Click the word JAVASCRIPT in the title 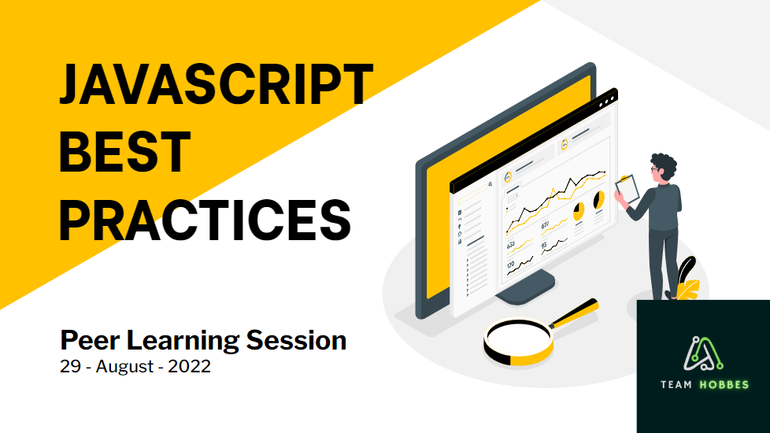pos(216,84)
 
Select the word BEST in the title pos(124,152)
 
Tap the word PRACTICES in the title pos(205,220)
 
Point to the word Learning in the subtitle pos(183,341)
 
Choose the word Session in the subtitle pos(296,340)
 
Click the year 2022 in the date pos(189,366)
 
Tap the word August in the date pos(125,367)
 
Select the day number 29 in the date pos(71,366)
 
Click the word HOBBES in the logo pos(724,384)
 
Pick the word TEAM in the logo pos(676,384)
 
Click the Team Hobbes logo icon pos(703,353)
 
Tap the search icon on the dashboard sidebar pos(490,184)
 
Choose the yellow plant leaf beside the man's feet pos(688,289)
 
